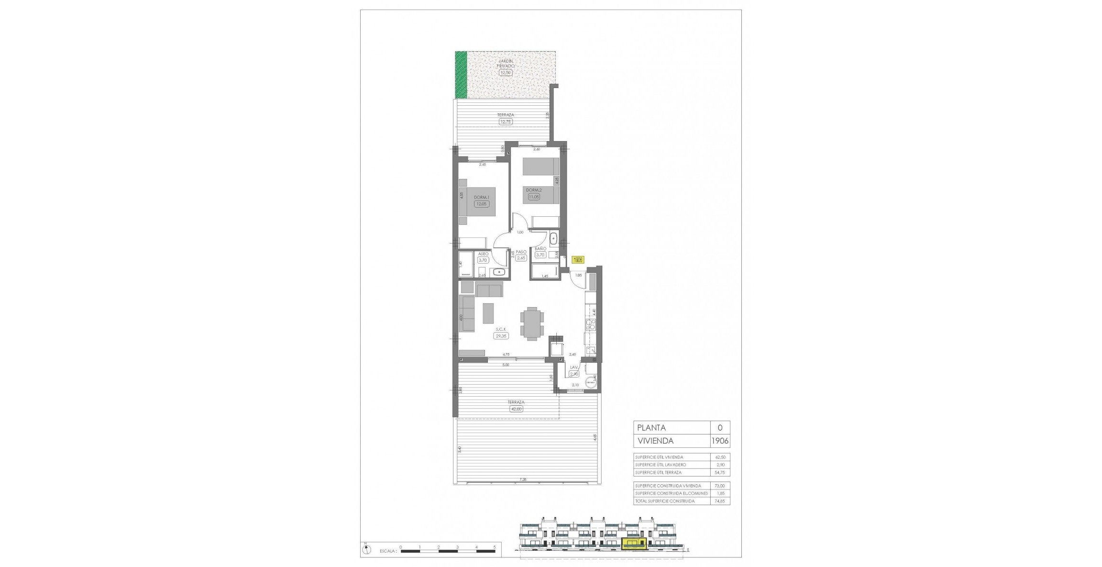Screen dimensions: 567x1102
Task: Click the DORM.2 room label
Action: pos(534,190)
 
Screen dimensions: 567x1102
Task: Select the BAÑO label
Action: pos(540,249)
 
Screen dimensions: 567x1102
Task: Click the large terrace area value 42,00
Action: pos(517,409)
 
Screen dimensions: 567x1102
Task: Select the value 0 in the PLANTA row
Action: pos(720,428)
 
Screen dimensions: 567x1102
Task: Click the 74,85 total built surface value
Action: pos(720,501)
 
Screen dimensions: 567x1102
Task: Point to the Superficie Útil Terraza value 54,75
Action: pos(720,472)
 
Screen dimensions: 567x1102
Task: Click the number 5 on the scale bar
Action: pos(495,547)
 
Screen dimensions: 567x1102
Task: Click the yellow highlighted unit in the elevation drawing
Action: pos(633,543)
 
